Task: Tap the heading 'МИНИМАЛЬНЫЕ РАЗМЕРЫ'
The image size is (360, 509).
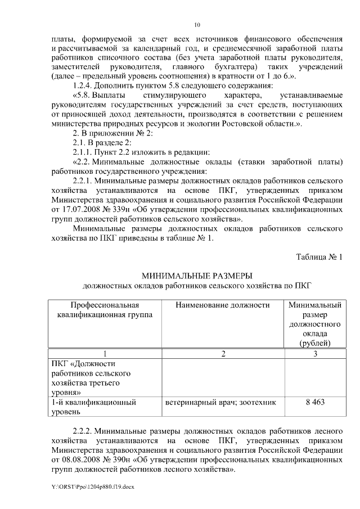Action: click(x=196, y=276)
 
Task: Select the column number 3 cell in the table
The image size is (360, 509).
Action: click(x=315, y=354)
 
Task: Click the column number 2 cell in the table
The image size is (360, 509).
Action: click(x=223, y=354)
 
